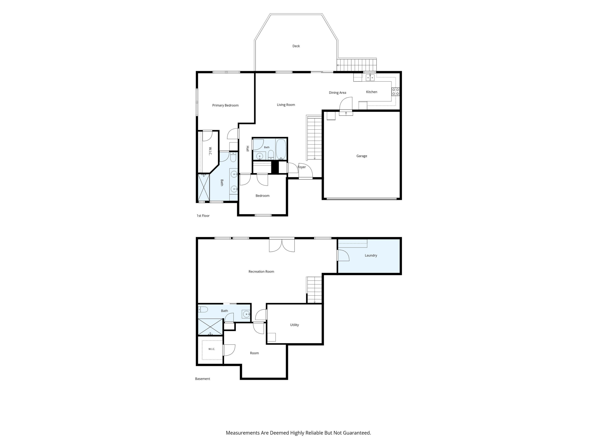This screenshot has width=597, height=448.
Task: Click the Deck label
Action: click(x=296, y=46)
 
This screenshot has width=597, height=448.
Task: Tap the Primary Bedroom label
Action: click(x=225, y=105)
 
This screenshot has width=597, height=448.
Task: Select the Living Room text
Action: click(x=286, y=105)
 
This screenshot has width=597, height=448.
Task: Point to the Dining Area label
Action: click(x=337, y=93)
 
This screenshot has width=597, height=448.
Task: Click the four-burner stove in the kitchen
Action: click(x=395, y=92)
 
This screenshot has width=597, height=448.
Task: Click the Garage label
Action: click(x=362, y=156)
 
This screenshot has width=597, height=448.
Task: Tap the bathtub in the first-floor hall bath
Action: click(x=281, y=149)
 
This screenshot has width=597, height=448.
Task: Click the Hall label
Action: click(x=248, y=149)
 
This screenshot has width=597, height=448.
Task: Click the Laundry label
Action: click(x=371, y=255)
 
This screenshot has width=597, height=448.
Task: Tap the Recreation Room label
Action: click(x=261, y=272)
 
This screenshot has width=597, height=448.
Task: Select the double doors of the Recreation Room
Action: click(x=282, y=245)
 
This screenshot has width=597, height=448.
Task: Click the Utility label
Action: click(x=295, y=325)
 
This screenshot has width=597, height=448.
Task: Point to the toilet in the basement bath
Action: click(x=203, y=309)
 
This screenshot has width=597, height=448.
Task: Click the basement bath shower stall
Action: click(x=211, y=327)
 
